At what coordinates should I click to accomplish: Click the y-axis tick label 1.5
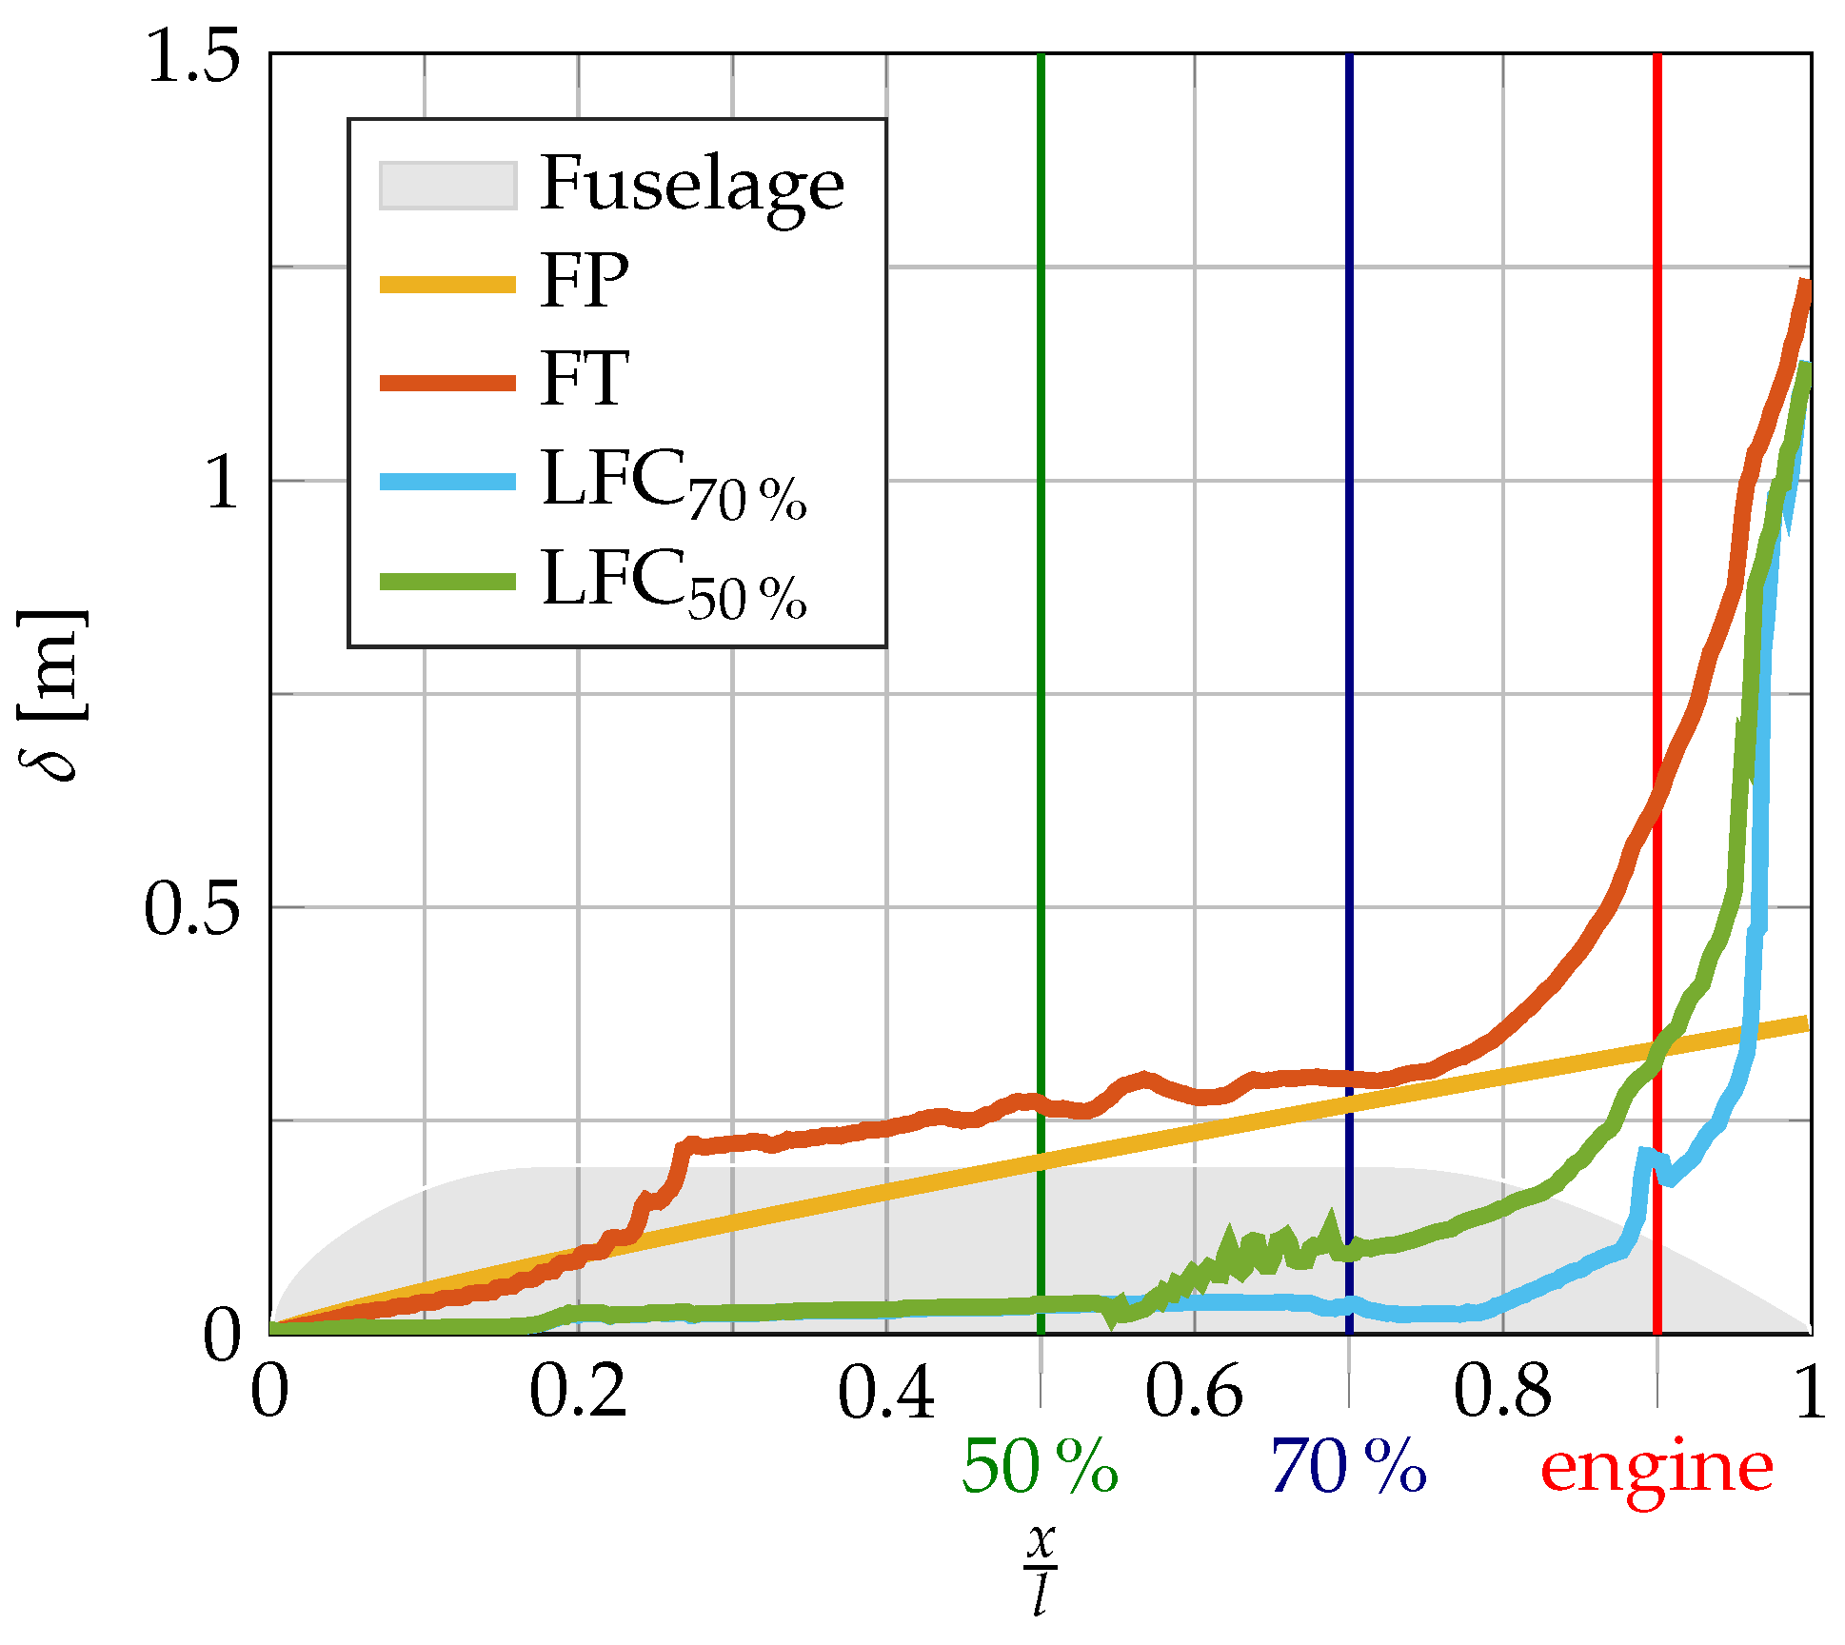(x=192, y=55)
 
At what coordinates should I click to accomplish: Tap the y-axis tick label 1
(x=222, y=483)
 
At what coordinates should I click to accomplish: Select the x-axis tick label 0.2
(x=578, y=1393)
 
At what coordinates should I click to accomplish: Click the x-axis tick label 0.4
(x=886, y=1393)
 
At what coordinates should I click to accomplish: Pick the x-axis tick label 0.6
(x=1194, y=1393)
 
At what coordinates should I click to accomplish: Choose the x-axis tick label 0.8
(x=1502, y=1393)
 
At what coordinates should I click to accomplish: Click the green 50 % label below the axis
(x=1040, y=1467)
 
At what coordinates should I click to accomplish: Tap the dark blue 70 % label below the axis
(x=1348, y=1467)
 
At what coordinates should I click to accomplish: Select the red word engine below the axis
(x=1657, y=1467)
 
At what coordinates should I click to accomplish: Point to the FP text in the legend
(x=585, y=281)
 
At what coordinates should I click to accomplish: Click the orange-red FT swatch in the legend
(x=447, y=383)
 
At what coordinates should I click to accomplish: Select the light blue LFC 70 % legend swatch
(x=447, y=482)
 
